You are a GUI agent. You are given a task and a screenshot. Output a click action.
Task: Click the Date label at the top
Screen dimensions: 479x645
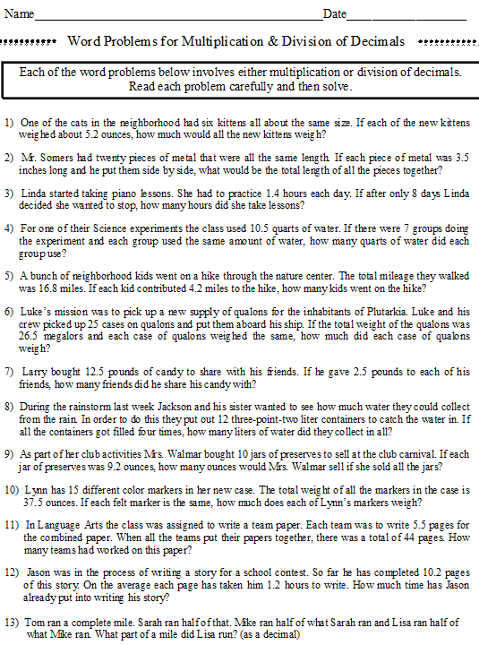(x=335, y=14)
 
